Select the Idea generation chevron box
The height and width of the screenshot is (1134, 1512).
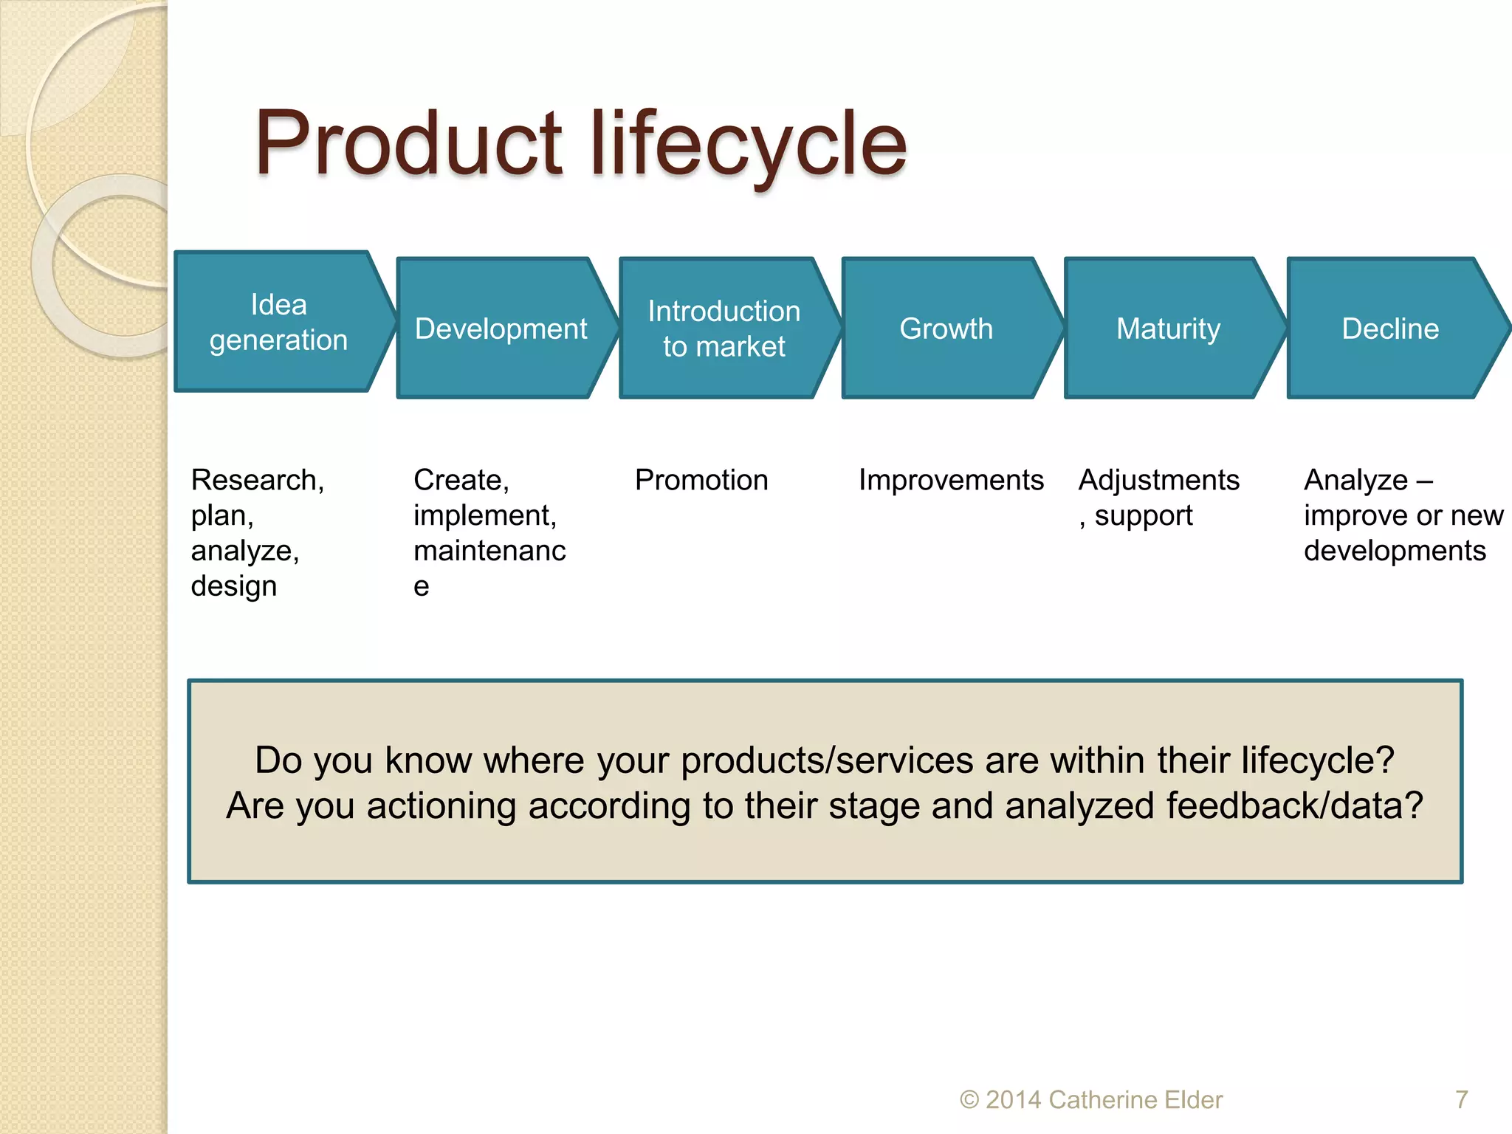278,322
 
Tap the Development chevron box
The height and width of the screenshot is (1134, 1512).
501,329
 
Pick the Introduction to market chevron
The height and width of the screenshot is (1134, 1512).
724,329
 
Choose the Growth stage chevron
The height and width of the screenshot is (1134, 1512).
946,329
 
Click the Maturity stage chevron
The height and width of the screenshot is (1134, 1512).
1168,329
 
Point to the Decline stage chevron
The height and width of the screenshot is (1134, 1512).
1390,329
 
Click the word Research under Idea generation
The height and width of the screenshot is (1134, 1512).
255,480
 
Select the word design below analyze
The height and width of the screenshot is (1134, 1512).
233,586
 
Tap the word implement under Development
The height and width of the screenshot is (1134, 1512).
484,515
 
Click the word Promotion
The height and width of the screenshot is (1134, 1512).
701,480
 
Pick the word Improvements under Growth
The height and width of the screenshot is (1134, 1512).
951,480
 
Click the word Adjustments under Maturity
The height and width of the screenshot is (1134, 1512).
1158,480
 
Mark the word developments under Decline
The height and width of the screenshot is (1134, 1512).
1394,551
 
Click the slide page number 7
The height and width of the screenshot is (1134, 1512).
1461,1099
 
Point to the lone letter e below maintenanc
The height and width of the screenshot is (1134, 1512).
421,587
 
